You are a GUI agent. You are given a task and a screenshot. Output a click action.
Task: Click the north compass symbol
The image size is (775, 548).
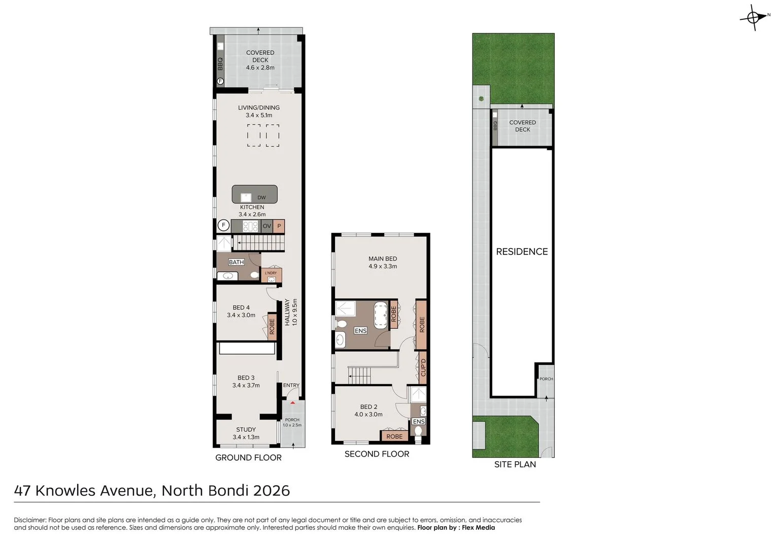[755, 18]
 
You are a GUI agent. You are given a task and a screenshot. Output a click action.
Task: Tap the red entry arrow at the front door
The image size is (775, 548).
[292, 402]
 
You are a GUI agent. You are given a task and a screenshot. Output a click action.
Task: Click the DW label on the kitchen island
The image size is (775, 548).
[261, 197]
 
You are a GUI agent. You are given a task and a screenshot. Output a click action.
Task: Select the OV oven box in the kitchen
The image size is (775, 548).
[267, 226]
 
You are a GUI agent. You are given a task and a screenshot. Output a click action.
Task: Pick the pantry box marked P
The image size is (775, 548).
[279, 226]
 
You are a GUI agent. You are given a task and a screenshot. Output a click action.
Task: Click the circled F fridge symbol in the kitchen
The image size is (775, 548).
[223, 225]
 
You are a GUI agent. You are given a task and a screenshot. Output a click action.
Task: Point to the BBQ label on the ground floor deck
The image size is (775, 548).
[220, 63]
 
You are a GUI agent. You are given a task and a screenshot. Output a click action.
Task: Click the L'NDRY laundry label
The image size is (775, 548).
[271, 273]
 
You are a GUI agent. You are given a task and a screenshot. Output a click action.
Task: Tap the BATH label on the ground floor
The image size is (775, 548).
[237, 262]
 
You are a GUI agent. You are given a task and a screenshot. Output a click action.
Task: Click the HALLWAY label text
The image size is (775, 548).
[287, 312]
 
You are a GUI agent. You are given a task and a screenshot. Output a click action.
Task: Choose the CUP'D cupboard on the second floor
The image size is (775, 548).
[422, 367]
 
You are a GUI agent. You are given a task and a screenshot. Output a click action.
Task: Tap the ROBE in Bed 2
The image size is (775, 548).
[394, 436]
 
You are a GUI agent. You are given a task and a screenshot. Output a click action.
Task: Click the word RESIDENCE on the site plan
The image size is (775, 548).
[522, 252]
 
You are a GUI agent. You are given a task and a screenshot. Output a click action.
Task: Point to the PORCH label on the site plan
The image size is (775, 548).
[546, 379]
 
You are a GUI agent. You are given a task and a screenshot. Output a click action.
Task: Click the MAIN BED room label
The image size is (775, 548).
[383, 259]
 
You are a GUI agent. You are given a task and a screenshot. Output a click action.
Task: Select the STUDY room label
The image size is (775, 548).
[246, 430]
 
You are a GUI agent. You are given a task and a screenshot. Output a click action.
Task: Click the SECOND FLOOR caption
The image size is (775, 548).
[377, 454]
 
